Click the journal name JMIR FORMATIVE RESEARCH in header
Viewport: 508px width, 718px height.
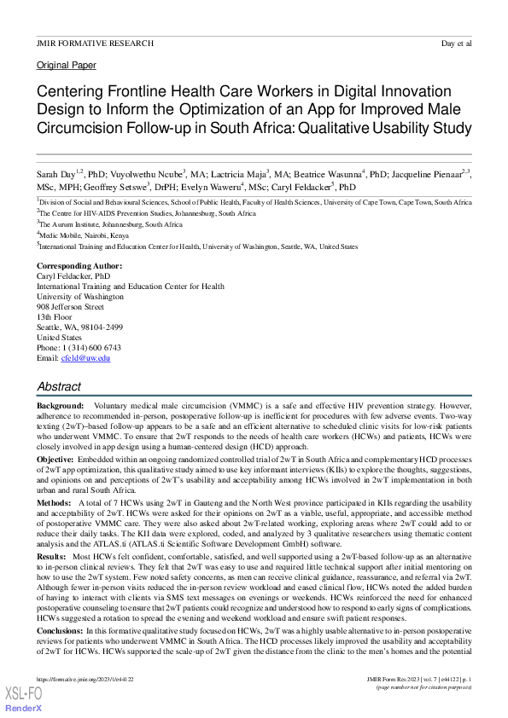tap(96, 42)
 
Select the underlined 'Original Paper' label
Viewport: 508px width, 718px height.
tap(67, 65)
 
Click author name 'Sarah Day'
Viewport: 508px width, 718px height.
tap(56, 173)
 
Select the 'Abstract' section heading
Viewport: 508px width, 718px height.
tap(60, 387)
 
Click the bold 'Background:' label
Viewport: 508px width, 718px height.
tap(60, 406)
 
